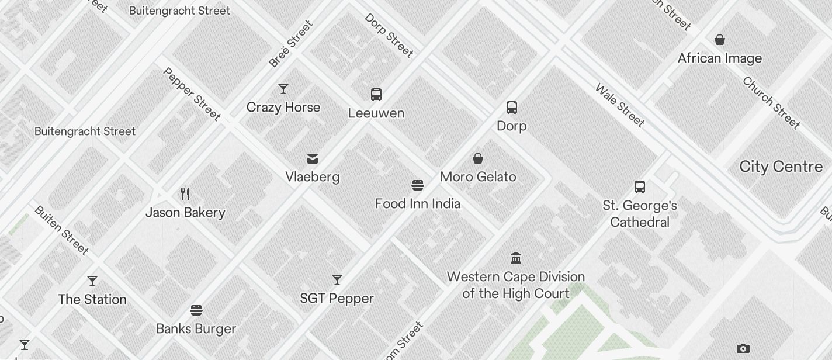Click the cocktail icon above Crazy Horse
pyautogui.click(x=283, y=89)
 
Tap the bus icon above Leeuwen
pyautogui.click(x=376, y=95)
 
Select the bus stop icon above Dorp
pyautogui.click(x=512, y=108)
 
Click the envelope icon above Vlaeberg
pyautogui.click(x=313, y=159)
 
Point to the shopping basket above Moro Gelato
pyautogui.click(x=478, y=158)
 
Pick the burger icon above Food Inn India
pyautogui.click(x=418, y=186)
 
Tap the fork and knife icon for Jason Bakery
pyautogui.click(x=185, y=194)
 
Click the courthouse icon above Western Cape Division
pyautogui.click(x=516, y=258)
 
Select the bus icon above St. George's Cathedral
pyautogui.click(x=640, y=187)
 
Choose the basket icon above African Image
pyautogui.click(x=720, y=40)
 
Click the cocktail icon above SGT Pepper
pyautogui.click(x=337, y=280)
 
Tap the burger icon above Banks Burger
pyautogui.click(x=196, y=310)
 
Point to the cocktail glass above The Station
pyautogui.click(x=92, y=281)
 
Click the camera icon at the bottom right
pyautogui.click(x=743, y=349)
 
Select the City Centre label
pyautogui.click(x=781, y=167)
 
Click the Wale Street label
pyautogui.click(x=620, y=106)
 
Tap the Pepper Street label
pyautogui.click(x=192, y=94)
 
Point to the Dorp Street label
pyautogui.click(x=389, y=35)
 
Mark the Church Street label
pyautogui.click(x=771, y=102)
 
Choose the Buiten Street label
pyautogui.click(x=61, y=230)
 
